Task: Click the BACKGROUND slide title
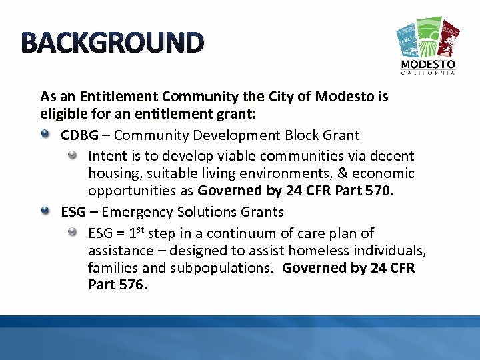click(112, 43)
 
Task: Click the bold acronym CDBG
click(80, 135)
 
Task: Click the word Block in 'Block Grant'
click(303, 135)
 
